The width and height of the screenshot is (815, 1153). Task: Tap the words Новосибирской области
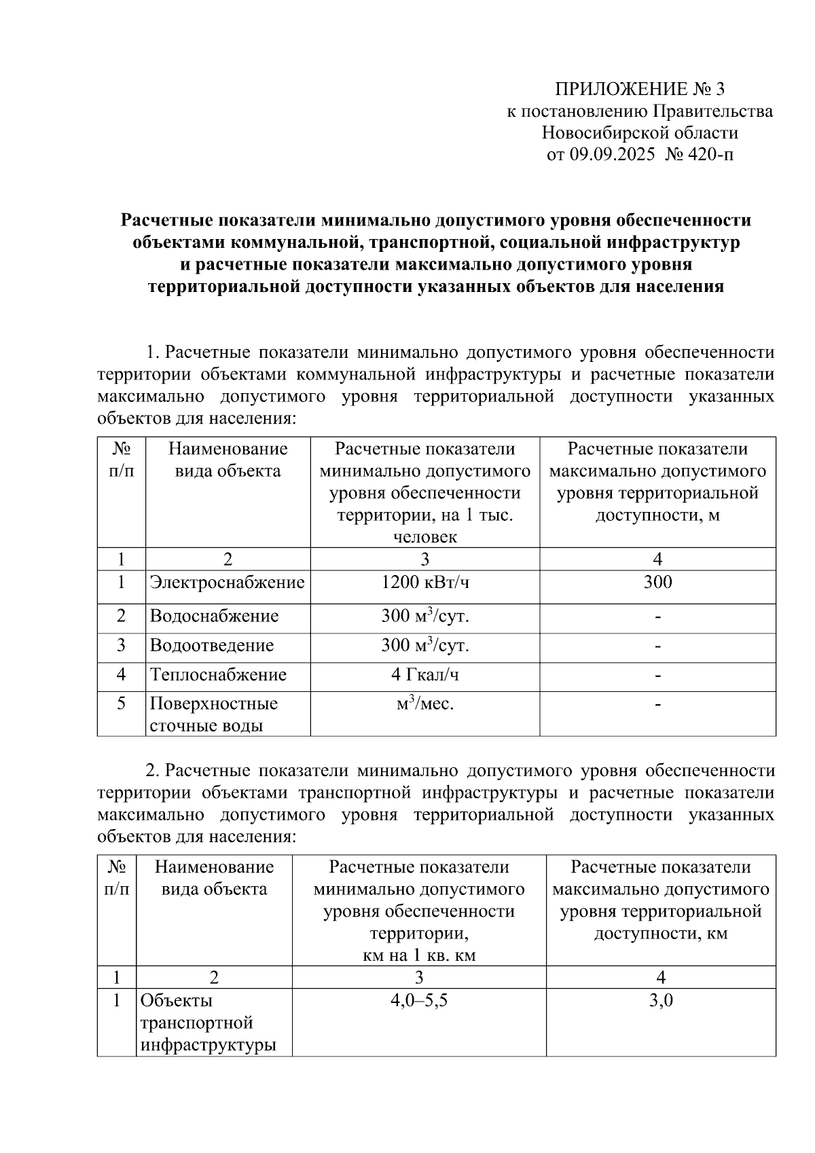[640, 133]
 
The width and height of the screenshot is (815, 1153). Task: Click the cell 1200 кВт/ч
[424, 582]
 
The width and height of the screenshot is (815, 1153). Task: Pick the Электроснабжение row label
[227, 582]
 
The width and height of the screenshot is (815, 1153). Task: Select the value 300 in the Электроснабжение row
[657, 582]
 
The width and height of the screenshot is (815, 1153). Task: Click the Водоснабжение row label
[214, 617]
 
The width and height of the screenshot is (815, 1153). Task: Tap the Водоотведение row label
[211, 645]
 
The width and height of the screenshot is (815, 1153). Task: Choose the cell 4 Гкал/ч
[424, 675]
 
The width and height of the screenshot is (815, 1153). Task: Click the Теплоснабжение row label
[218, 675]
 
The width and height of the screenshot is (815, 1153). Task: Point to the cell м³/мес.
[424, 705]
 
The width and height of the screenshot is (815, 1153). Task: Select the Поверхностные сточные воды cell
[213, 714]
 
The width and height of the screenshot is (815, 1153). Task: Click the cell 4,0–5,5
[419, 1000]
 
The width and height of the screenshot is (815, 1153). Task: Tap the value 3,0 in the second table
[661, 1000]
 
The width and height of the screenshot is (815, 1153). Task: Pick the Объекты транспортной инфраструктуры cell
[207, 1023]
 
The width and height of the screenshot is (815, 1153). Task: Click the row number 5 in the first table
[121, 703]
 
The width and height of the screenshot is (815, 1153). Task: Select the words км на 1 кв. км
[419, 955]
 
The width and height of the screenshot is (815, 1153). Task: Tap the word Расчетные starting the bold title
[162, 221]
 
